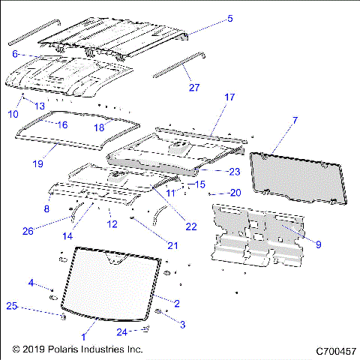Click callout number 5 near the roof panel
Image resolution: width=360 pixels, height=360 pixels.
pyautogui.click(x=230, y=18)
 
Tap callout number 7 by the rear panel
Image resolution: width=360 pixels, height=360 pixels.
pyautogui.click(x=295, y=120)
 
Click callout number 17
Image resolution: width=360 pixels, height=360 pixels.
pyautogui.click(x=229, y=97)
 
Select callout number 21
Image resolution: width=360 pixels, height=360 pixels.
pyautogui.click(x=172, y=245)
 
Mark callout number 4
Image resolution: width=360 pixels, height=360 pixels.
pyautogui.click(x=31, y=282)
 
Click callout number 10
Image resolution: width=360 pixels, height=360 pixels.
pyautogui.click(x=13, y=113)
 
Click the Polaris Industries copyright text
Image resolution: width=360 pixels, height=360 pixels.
pyautogui.click(x=77, y=350)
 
